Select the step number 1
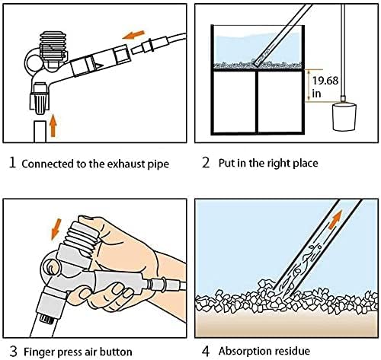point(11,163)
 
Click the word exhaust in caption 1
point(109,164)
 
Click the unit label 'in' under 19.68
point(315,94)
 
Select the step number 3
point(11,352)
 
